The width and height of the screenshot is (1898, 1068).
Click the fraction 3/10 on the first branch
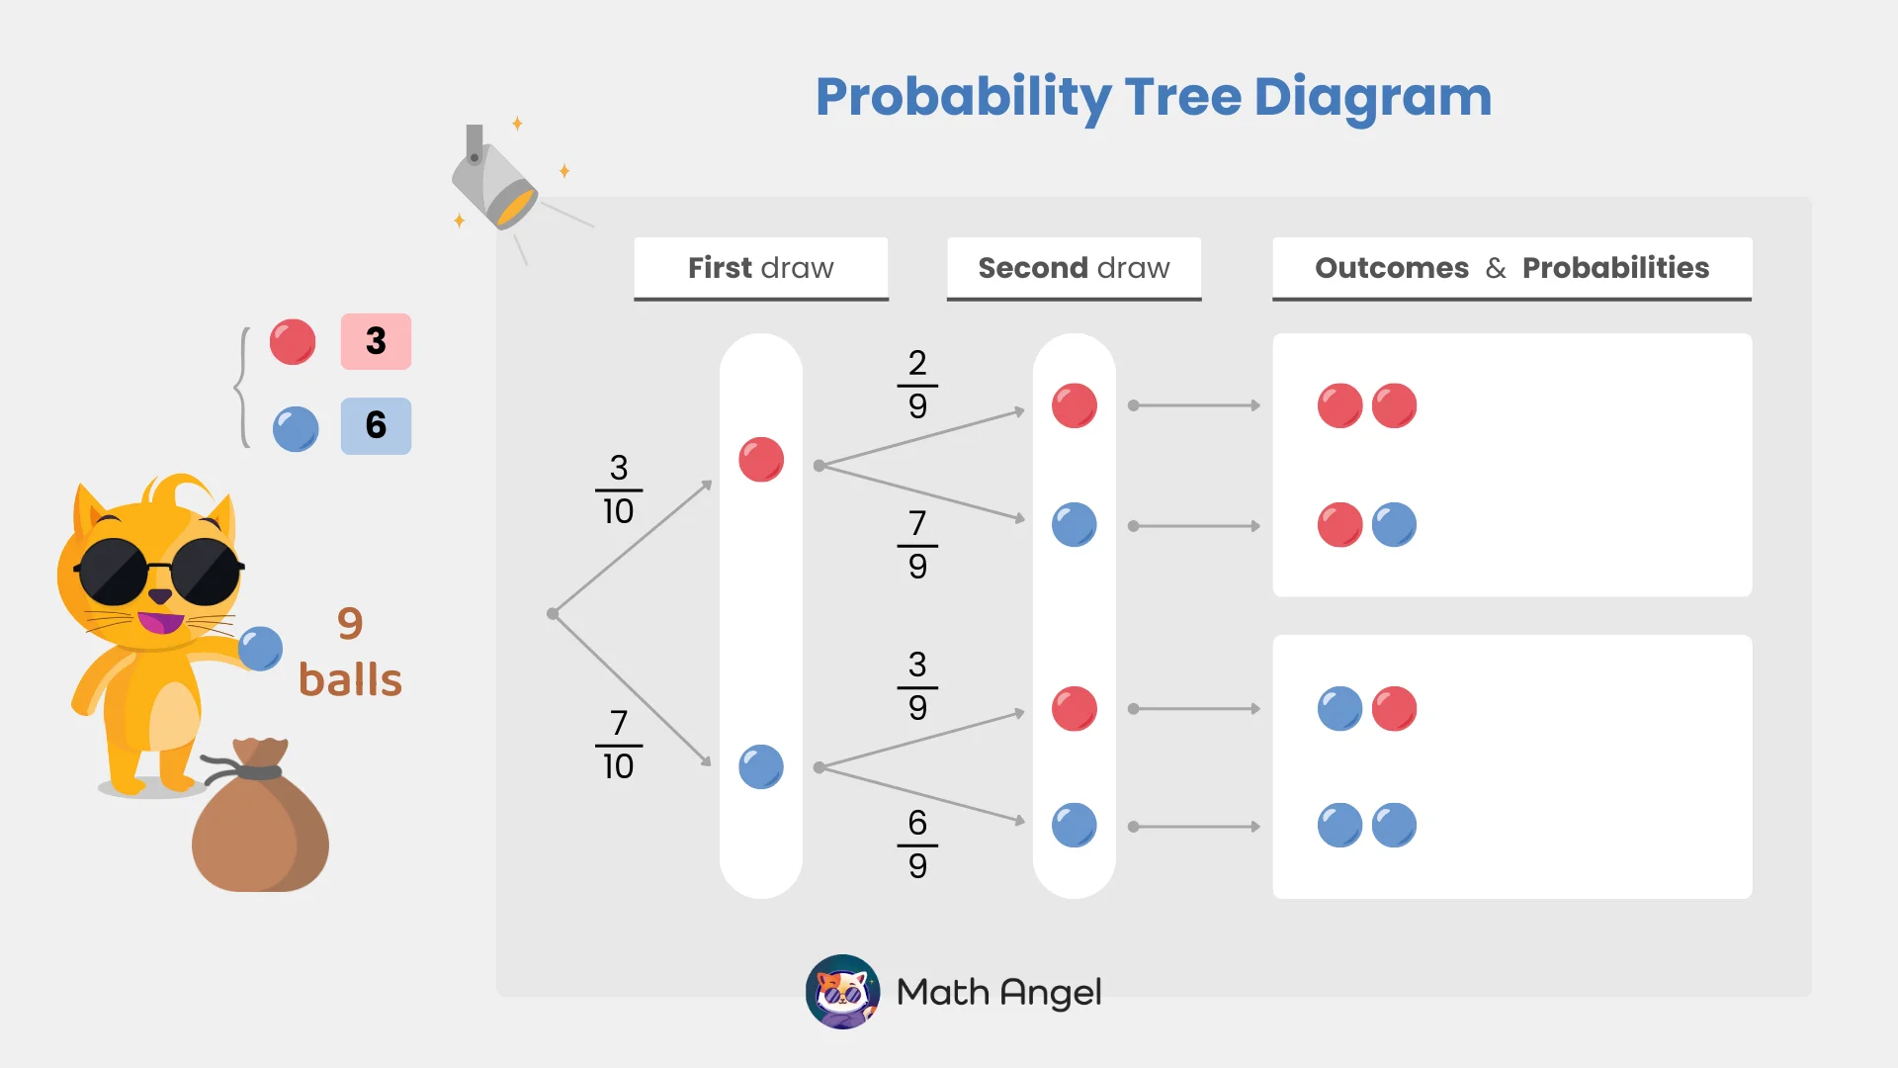[x=619, y=489]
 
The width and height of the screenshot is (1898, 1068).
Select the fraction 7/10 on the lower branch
[x=619, y=745]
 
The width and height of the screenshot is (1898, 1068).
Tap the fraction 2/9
[x=917, y=385]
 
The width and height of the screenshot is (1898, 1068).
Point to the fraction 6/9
[x=917, y=845]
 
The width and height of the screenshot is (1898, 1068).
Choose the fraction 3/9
[x=917, y=686]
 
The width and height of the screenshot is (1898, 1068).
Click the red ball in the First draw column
[x=761, y=460]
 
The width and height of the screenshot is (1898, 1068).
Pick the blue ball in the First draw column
[x=761, y=766]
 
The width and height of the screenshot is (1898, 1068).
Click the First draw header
[x=760, y=268]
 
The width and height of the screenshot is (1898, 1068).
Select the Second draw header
[x=1074, y=268]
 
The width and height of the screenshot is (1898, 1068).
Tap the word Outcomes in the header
[x=1391, y=268]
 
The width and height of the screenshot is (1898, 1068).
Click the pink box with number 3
[x=376, y=341]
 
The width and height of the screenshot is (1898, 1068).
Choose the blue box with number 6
[x=376, y=425]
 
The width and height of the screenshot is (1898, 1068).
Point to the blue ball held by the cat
[x=261, y=649]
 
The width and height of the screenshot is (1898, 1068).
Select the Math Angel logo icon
[x=842, y=991]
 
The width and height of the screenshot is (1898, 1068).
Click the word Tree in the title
[x=1182, y=97]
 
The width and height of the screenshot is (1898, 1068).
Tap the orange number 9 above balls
[x=350, y=623]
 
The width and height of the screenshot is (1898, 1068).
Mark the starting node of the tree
[x=553, y=614]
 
